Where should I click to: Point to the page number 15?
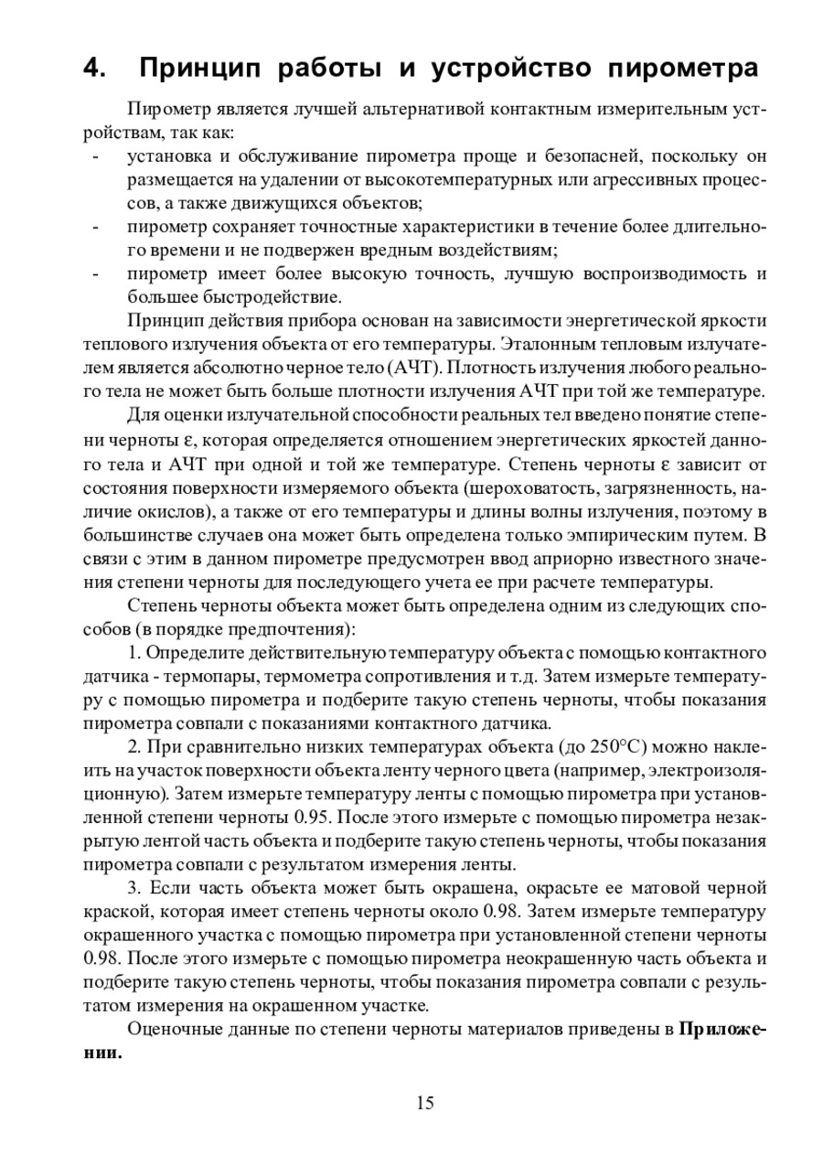[424, 1102]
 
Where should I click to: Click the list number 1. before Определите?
[134, 654]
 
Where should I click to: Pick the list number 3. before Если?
[134, 887]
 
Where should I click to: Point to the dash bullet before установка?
[95, 156]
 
